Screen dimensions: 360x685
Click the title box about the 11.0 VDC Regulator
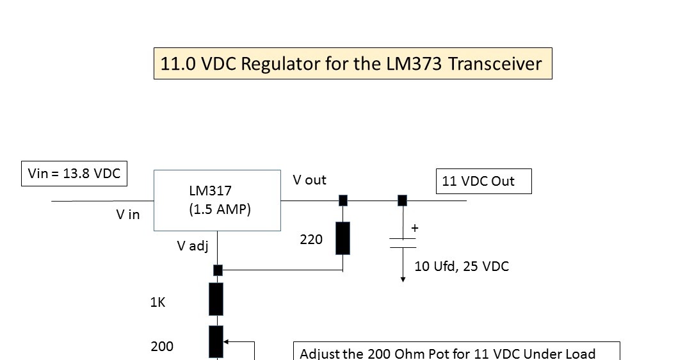pos(353,63)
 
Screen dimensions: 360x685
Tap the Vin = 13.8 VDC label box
pos(74,173)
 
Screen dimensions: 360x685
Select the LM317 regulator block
pos(217,200)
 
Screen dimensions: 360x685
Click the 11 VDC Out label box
pos(483,181)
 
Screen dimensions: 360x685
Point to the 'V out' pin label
pos(310,180)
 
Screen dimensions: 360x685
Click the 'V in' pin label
pos(128,215)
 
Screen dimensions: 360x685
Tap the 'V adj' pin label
pos(193,245)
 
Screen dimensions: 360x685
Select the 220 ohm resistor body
pos(343,238)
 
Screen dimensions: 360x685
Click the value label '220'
pos(312,240)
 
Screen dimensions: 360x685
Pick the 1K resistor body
pos(216,299)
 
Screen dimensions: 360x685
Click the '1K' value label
pos(158,302)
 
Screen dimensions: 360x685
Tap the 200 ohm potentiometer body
pos(216,341)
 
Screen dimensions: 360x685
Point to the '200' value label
pos(162,347)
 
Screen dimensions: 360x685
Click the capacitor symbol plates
pos(403,243)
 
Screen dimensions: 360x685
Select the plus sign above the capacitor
pos(415,228)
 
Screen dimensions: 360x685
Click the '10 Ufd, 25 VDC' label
pos(462,266)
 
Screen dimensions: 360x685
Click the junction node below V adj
pos(218,270)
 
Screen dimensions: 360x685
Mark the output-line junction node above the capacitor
pos(402,200)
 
